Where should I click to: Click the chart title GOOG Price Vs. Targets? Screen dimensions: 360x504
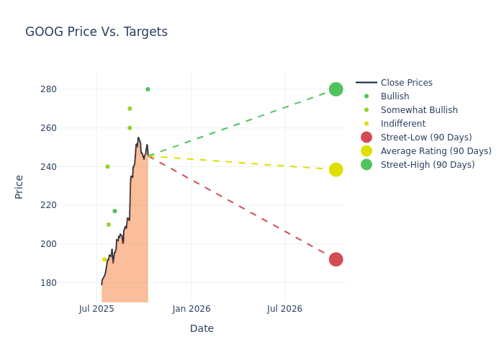point(96,32)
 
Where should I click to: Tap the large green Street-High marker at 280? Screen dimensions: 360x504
point(336,89)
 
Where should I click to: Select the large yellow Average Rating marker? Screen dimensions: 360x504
point(336,170)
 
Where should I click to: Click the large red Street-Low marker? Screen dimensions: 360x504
point(336,259)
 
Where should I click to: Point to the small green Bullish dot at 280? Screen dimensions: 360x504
point(148,89)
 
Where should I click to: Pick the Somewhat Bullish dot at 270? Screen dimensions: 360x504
point(130,109)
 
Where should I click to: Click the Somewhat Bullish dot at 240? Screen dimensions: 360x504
point(107,166)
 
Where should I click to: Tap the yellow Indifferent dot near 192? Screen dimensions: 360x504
point(104,260)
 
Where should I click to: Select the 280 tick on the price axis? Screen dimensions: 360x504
point(68,89)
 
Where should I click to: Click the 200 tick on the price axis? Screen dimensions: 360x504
point(68,244)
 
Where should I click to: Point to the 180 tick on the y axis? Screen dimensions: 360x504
point(68,282)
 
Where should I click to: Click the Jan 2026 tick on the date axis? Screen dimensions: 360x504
point(192,309)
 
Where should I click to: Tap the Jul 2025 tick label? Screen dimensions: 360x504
point(97,309)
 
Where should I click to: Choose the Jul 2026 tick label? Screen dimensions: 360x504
point(284,309)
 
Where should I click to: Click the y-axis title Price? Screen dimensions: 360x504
point(19,186)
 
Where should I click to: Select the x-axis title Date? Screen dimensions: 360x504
point(202,328)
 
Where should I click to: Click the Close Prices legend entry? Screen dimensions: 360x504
point(406,83)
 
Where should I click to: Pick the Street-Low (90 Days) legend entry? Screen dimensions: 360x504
point(426,138)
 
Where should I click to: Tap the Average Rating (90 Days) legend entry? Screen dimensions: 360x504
point(436,151)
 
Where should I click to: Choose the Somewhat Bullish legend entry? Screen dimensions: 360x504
point(419,110)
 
